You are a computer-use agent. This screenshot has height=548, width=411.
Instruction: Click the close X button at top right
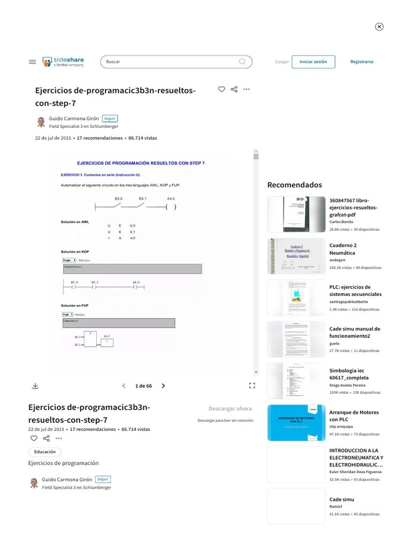(x=379, y=27)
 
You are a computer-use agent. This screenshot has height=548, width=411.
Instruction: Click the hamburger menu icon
(x=32, y=62)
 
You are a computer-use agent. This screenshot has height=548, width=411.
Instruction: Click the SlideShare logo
(x=63, y=62)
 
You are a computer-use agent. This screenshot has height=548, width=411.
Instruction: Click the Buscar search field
(x=171, y=62)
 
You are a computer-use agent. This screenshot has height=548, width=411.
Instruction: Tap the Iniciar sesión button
(x=313, y=62)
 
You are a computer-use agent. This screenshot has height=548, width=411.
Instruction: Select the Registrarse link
(x=362, y=62)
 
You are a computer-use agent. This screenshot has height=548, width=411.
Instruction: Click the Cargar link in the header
(x=282, y=62)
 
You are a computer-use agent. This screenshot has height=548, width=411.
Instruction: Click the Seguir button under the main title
(x=110, y=118)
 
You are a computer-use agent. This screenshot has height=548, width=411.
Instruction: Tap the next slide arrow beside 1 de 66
(x=163, y=386)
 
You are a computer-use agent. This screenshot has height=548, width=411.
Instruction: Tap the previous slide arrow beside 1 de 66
(x=124, y=386)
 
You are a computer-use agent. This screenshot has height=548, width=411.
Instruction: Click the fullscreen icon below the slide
(x=252, y=385)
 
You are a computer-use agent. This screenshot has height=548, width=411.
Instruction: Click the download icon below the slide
(x=35, y=386)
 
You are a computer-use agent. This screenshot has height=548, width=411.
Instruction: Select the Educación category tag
(x=45, y=452)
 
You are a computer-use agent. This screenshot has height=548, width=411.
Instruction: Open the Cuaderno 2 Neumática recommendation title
(x=343, y=249)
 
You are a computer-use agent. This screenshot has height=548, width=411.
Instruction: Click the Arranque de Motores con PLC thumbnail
(x=296, y=423)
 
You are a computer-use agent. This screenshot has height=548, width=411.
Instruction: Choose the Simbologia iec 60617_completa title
(x=349, y=374)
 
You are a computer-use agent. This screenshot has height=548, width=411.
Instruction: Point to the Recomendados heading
(x=294, y=185)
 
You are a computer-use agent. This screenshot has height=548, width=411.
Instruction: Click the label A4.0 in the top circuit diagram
(x=171, y=199)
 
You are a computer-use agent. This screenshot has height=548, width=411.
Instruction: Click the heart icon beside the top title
(x=222, y=89)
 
